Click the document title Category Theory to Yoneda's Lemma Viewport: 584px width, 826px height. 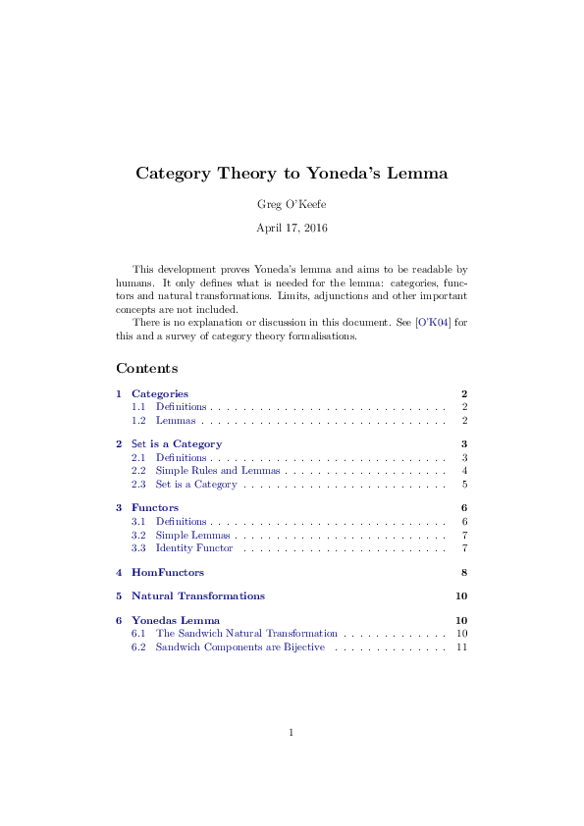(x=292, y=174)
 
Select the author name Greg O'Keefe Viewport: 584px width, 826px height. (x=292, y=204)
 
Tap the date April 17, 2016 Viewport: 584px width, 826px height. (x=292, y=228)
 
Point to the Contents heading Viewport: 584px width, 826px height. (x=147, y=369)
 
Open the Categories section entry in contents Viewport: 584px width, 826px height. (x=160, y=393)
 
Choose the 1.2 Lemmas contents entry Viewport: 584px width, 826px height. (x=176, y=420)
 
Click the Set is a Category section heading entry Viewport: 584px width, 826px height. (x=177, y=443)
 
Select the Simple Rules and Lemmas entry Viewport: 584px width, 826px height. (x=218, y=471)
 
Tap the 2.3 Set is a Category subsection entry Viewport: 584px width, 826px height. (x=196, y=484)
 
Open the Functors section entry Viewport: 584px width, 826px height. (x=155, y=507)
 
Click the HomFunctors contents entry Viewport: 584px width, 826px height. (x=168, y=572)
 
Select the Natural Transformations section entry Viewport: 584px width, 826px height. (x=198, y=595)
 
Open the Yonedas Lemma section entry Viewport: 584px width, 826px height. (x=176, y=620)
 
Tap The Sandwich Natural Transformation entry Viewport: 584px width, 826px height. (x=246, y=634)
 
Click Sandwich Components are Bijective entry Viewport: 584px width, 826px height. (x=239, y=647)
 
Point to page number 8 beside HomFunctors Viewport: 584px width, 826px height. (x=463, y=572)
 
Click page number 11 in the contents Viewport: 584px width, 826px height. (x=461, y=647)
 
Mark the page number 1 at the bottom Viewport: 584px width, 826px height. (x=292, y=732)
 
